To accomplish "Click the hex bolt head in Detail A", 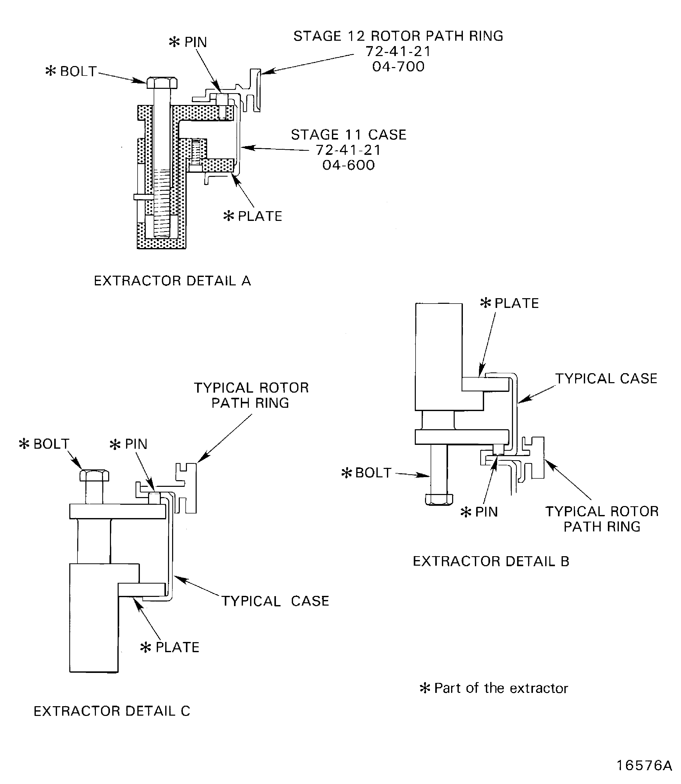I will click(x=162, y=82).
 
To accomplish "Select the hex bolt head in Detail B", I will click(x=439, y=499).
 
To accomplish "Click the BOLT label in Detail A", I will click(x=78, y=71).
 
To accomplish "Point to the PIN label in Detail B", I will click(x=486, y=512).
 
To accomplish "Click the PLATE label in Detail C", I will click(x=177, y=647).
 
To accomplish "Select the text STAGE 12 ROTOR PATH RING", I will click(x=398, y=36).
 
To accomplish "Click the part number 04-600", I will click(x=349, y=165).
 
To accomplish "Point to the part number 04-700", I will click(x=398, y=67).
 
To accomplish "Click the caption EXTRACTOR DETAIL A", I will click(x=172, y=281).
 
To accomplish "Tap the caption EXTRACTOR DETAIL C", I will click(x=112, y=711).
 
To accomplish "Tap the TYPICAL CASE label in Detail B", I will click(x=606, y=379).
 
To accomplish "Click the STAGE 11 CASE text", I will click(x=349, y=135).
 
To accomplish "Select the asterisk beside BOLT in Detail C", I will click(x=24, y=444).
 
